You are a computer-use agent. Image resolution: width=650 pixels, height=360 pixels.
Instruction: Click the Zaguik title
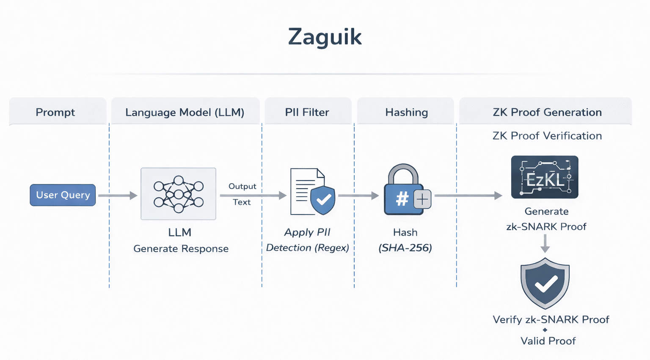(325, 37)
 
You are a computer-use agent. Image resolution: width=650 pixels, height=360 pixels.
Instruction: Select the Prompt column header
(55, 112)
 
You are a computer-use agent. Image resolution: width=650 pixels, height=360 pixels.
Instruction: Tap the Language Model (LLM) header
(185, 112)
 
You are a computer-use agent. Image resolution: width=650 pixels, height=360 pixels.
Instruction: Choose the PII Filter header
(307, 112)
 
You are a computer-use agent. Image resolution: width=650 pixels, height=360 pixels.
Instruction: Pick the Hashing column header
(406, 112)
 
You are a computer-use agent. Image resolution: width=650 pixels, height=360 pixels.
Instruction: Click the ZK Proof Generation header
(547, 112)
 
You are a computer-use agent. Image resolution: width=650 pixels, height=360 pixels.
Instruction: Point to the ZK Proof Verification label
(547, 136)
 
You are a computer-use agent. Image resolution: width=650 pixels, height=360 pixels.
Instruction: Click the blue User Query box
(63, 195)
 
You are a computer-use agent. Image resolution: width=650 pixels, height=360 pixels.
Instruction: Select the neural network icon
(178, 194)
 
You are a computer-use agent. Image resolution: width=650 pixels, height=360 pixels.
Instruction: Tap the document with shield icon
(313, 192)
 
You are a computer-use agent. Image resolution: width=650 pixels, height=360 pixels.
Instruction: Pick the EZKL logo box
(545, 177)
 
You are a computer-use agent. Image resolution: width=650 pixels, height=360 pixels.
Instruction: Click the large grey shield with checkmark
(545, 283)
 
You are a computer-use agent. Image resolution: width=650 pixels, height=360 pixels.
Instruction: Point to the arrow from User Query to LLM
(118, 195)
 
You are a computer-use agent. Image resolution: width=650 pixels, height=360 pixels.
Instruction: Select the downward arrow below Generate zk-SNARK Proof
(545, 244)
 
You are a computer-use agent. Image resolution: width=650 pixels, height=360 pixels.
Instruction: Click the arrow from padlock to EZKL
(468, 195)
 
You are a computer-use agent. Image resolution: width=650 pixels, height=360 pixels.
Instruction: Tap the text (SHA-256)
(405, 248)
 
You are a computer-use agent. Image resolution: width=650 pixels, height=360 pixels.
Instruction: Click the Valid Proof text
(548, 341)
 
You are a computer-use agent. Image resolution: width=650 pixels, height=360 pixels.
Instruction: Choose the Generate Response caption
(181, 249)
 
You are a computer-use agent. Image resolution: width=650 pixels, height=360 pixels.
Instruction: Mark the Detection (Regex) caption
(307, 248)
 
